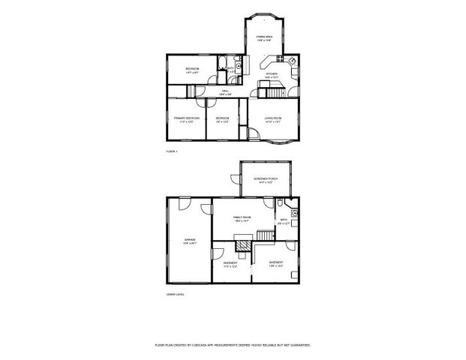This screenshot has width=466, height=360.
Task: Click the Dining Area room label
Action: pos(263,37)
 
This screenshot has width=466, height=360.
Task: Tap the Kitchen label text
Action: pos(271,75)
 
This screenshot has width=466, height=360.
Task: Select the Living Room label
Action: pos(272,119)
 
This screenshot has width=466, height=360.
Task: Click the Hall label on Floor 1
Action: pos(224,92)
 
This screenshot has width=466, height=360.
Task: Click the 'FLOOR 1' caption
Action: pos(170,151)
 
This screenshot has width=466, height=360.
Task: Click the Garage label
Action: pos(190,241)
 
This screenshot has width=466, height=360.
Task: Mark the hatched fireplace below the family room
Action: pos(242,244)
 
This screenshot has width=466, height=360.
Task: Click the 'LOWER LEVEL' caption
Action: pos(175,294)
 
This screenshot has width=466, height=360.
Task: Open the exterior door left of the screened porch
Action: pos(233,178)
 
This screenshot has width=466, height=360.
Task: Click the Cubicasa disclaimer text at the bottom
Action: pos(233,345)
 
